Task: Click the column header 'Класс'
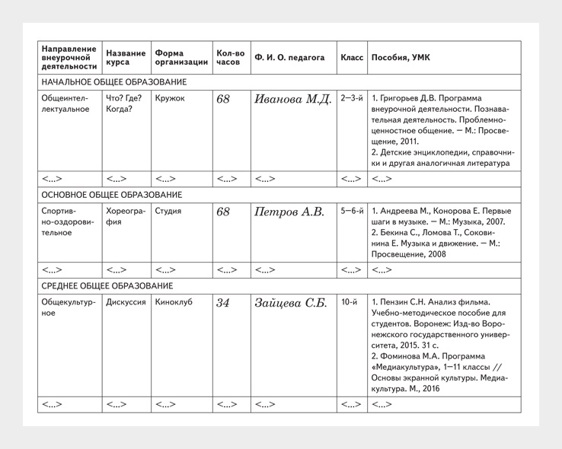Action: pos(352,58)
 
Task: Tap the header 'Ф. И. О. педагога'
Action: pos(289,58)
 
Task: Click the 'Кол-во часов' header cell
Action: pos(230,58)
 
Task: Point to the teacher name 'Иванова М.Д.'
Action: pos(292,99)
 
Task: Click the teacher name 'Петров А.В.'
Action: pos(289,212)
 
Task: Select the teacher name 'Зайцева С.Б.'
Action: pos(290,303)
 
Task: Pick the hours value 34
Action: pos(223,303)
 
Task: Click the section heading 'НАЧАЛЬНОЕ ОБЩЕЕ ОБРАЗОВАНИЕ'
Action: pos(114,82)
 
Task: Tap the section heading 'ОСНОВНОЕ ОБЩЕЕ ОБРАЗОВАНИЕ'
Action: pos(112,195)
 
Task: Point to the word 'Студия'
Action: pos(168,211)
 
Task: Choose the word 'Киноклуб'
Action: pos(174,302)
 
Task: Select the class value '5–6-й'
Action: pos(352,211)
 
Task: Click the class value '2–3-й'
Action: pos(352,98)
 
